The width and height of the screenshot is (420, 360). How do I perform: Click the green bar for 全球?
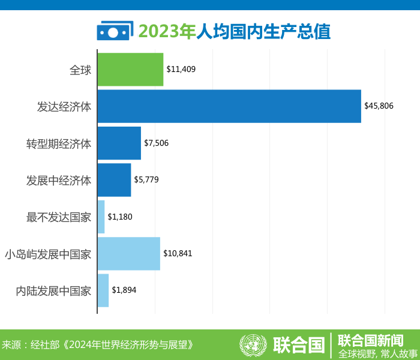pyautogui.click(x=130, y=70)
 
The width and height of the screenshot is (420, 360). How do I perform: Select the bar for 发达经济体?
pyautogui.click(x=229, y=106)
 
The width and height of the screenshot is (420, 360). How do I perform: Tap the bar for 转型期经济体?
pyautogui.click(x=119, y=143)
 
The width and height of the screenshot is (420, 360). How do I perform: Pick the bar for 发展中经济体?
pyautogui.click(x=114, y=180)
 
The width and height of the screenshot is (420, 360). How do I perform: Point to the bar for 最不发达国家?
pyautogui.click(x=101, y=217)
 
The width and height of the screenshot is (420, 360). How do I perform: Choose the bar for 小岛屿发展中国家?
pyautogui.click(x=128, y=254)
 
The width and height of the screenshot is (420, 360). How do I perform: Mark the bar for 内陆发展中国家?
pyautogui.click(x=103, y=290)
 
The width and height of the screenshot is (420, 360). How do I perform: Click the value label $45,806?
pyautogui.click(x=379, y=106)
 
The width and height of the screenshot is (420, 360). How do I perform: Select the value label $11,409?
pyautogui.click(x=181, y=70)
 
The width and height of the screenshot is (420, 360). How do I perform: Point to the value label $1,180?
pyautogui.click(x=120, y=217)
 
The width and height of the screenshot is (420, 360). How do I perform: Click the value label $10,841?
pyautogui.click(x=178, y=254)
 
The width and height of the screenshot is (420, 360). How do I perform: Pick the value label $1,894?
pyautogui.click(x=124, y=290)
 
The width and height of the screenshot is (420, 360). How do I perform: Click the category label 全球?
pyautogui.click(x=80, y=70)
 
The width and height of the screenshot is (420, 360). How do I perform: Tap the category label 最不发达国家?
pyautogui.click(x=59, y=217)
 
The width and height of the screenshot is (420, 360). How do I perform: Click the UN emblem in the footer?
pyautogui.click(x=253, y=344)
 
